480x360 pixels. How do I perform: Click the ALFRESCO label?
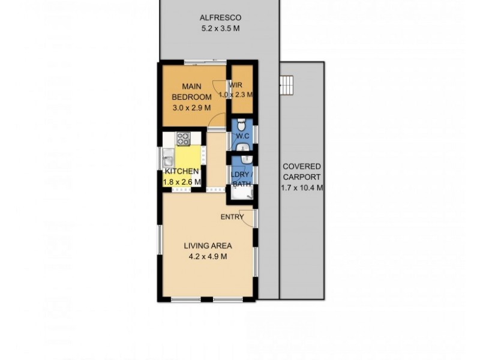pyautogui.click(x=220, y=18)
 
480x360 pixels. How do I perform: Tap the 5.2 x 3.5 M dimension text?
pyautogui.click(x=220, y=28)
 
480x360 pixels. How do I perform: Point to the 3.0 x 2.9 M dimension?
pyautogui.click(x=191, y=108)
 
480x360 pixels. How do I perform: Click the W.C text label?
pyautogui.click(x=242, y=136)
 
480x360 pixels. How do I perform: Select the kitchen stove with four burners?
pyautogui.click(x=183, y=139)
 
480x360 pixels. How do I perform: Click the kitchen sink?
pyautogui.click(x=168, y=161)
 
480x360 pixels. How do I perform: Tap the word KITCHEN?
pyautogui.click(x=182, y=172)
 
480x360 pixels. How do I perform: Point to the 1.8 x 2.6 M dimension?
pyautogui.click(x=182, y=182)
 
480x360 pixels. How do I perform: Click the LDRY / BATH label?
pyautogui.click(x=241, y=179)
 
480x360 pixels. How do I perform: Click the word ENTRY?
pyautogui.click(x=232, y=217)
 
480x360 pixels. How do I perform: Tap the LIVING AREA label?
pyautogui.click(x=208, y=245)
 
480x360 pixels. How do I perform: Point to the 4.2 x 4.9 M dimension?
pyautogui.click(x=208, y=256)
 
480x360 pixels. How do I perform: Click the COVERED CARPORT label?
pyautogui.click(x=302, y=172)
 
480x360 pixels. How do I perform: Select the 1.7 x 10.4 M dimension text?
pyautogui.click(x=302, y=187)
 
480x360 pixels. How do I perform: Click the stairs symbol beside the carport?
pyautogui.click(x=287, y=85)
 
